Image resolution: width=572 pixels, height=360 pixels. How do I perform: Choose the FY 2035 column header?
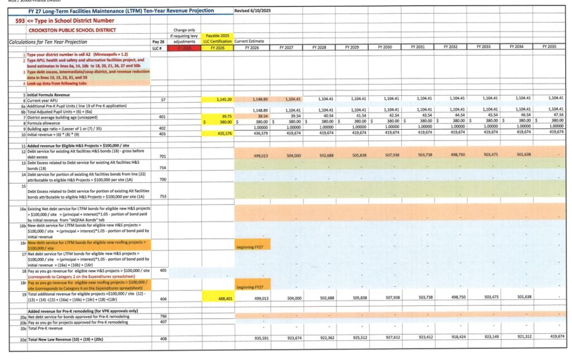pos(548,48)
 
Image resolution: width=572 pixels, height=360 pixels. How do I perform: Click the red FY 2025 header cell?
pos(184,48)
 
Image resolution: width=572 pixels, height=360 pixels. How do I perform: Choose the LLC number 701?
pos(162,157)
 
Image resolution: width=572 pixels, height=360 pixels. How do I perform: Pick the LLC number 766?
pos(162,316)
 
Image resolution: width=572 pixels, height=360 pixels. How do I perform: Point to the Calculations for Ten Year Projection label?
pos(47,42)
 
